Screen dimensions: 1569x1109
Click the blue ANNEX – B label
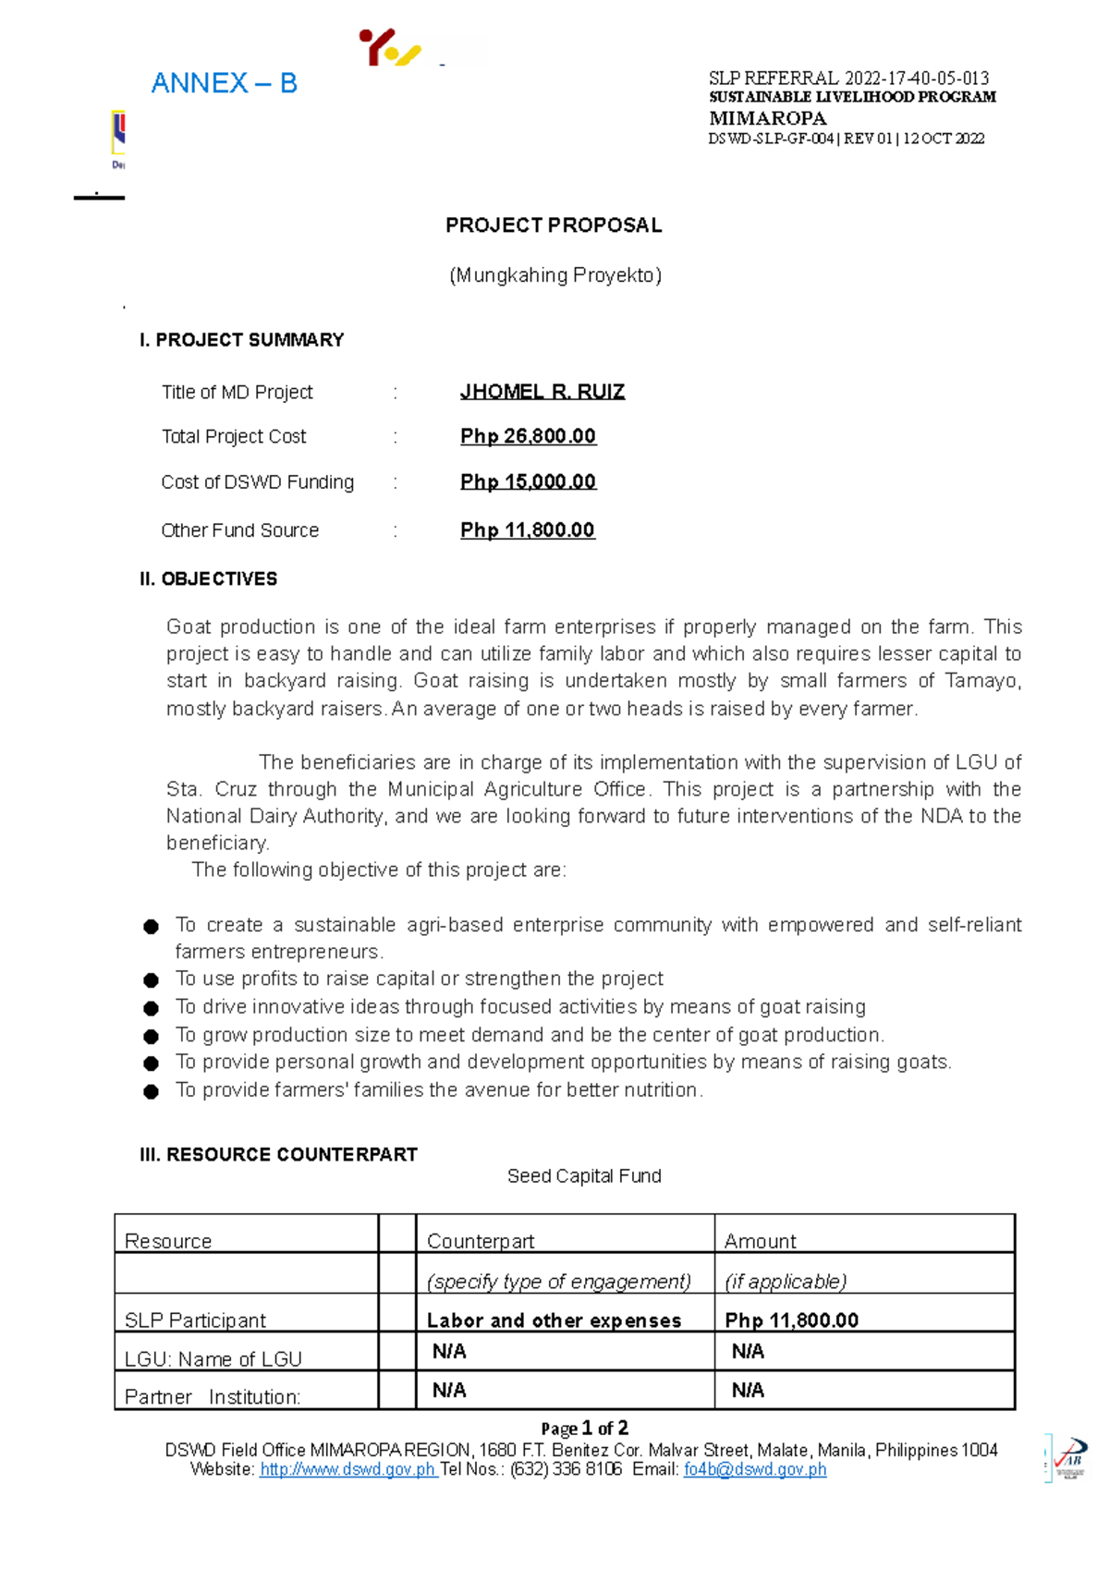tap(224, 84)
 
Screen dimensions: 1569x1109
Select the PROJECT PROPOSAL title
tap(554, 225)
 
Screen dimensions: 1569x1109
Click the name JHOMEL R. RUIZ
tap(542, 392)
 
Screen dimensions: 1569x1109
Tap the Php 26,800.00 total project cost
tap(528, 436)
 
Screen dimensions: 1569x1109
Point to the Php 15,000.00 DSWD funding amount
tap(528, 481)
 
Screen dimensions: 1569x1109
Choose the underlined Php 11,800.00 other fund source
tap(527, 530)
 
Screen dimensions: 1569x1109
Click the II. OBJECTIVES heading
tap(208, 579)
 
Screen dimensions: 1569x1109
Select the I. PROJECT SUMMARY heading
tap(241, 340)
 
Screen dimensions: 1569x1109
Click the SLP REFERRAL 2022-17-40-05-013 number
tap(848, 79)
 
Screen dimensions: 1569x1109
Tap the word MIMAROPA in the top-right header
tap(767, 118)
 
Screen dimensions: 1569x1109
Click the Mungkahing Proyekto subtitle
tap(554, 275)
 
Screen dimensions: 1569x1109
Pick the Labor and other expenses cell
tap(554, 1320)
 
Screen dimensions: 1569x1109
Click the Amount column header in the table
tap(760, 1241)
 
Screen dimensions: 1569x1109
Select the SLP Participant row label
tap(195, 1320)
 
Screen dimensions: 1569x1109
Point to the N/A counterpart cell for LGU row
tap(449, 1352)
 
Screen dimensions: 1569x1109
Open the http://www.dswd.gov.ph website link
tap(347, 1469)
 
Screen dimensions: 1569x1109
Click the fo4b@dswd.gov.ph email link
tap(754, 1469)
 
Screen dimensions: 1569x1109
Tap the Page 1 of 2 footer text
tap(584, 1429)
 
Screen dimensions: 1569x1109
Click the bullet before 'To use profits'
tap(152, 980)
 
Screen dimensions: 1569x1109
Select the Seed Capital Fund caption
tap(584, 1176)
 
